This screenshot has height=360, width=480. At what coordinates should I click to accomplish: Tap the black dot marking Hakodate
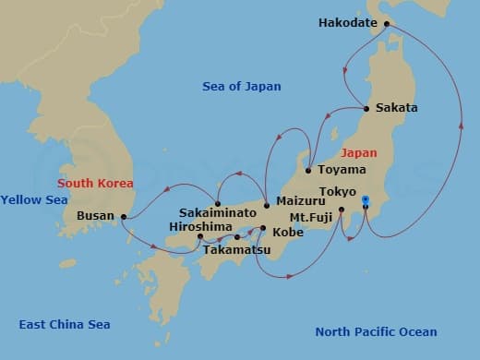coord(386,23)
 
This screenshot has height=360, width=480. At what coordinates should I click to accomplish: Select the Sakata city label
coord(397,108)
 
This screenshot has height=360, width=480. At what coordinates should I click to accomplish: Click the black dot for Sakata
coord(367,109)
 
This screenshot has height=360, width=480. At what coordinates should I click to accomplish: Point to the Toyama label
coord(342,171)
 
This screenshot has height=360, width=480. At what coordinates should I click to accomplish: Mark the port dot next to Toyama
coord(307,171)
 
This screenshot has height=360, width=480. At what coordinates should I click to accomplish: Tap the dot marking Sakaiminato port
coord(218,203)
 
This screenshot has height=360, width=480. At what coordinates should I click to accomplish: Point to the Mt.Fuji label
coord(308,217)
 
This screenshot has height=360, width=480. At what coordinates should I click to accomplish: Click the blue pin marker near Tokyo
coord(366,200)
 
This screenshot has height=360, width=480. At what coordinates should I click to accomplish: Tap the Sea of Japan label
coord(241,87)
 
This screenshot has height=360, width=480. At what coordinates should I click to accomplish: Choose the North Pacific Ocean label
coord(376,332)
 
